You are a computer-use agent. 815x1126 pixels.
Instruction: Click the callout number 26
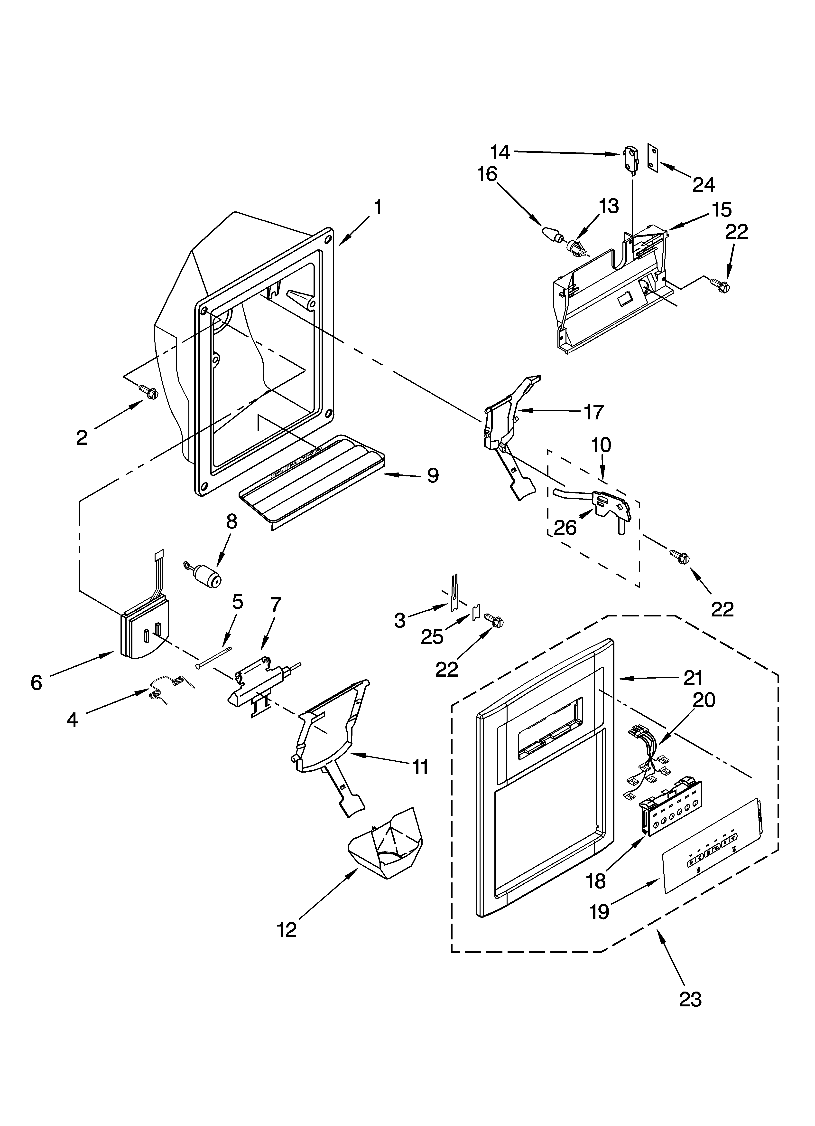click(x=565, y=528)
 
